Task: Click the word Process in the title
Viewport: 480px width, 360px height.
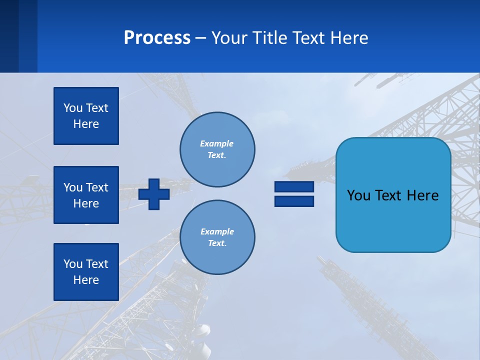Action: [x=157, y=38]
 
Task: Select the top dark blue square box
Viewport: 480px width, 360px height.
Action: [x=86, y=116]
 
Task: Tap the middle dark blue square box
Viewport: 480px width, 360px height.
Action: [x=86, y=195]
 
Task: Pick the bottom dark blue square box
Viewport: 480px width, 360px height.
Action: [x=86, y=272]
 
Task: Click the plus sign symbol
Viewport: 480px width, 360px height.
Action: [x=154, y=194]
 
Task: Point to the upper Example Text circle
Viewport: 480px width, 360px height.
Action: [x=217, y=149]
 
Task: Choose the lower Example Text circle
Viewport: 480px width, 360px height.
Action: [x=217, y=237]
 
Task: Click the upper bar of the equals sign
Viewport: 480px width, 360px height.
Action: [x=294, y=187]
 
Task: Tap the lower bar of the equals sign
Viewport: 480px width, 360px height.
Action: [x=294, y=201]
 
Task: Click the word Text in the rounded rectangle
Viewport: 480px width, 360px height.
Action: [x=392, y=195]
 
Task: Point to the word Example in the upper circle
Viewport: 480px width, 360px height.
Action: [x=216, y=143]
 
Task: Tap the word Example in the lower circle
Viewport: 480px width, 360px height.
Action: [x=217, y=231]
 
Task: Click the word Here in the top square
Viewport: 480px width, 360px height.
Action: [x=86, y=124]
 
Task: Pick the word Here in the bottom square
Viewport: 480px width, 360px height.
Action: [x=86, y=280]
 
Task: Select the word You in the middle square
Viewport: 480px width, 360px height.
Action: [x=72, y=187]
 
